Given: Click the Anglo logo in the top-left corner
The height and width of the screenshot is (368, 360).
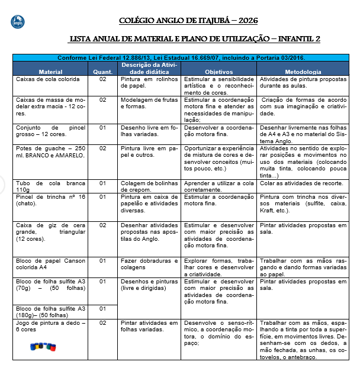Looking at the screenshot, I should (x=18, y=22).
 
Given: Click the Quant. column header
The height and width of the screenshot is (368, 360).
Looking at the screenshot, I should (x=102, y=71).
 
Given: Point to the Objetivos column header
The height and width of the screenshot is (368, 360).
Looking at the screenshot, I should (x=218, y=71).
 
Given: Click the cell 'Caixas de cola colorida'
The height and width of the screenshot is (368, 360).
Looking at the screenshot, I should (x=48, y=79).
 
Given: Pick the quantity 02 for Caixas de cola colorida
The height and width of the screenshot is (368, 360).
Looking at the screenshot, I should (x=102, y=79).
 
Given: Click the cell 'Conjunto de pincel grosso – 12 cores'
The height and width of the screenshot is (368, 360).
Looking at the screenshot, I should (x=51, y=130).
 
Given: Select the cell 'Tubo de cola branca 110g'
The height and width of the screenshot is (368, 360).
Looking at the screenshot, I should (x=51, y=186).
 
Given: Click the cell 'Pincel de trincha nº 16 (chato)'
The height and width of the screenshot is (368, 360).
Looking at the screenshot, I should (x=51, y=200).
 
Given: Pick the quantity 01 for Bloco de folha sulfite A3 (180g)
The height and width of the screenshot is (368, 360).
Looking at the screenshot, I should (x=102, y=308).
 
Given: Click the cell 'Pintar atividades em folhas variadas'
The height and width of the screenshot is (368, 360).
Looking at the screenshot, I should (x=149, y=326).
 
